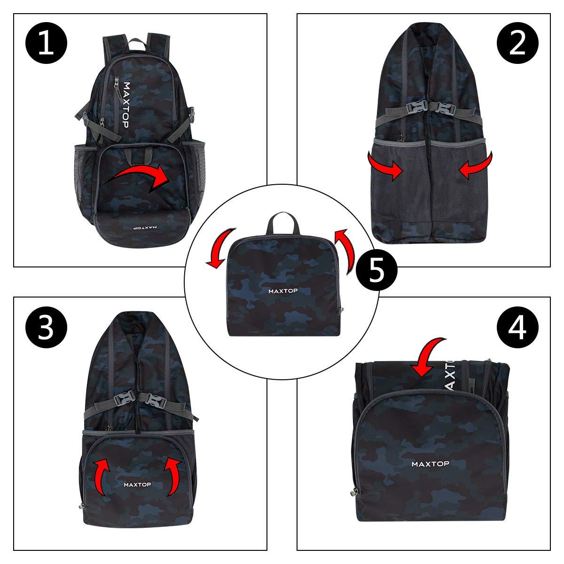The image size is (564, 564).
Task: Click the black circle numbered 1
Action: pos(46,43)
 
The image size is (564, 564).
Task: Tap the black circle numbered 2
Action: pos(517,43)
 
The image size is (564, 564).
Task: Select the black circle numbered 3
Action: pos(46,327)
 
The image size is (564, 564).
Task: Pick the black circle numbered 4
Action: pos(517,327)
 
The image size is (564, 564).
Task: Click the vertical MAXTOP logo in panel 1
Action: pos(125,105)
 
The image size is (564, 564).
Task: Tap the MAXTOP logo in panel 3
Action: pos(137,485)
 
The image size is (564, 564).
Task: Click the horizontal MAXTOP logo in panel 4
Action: pos(430,464)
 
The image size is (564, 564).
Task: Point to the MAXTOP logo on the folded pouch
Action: pos(283,291)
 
